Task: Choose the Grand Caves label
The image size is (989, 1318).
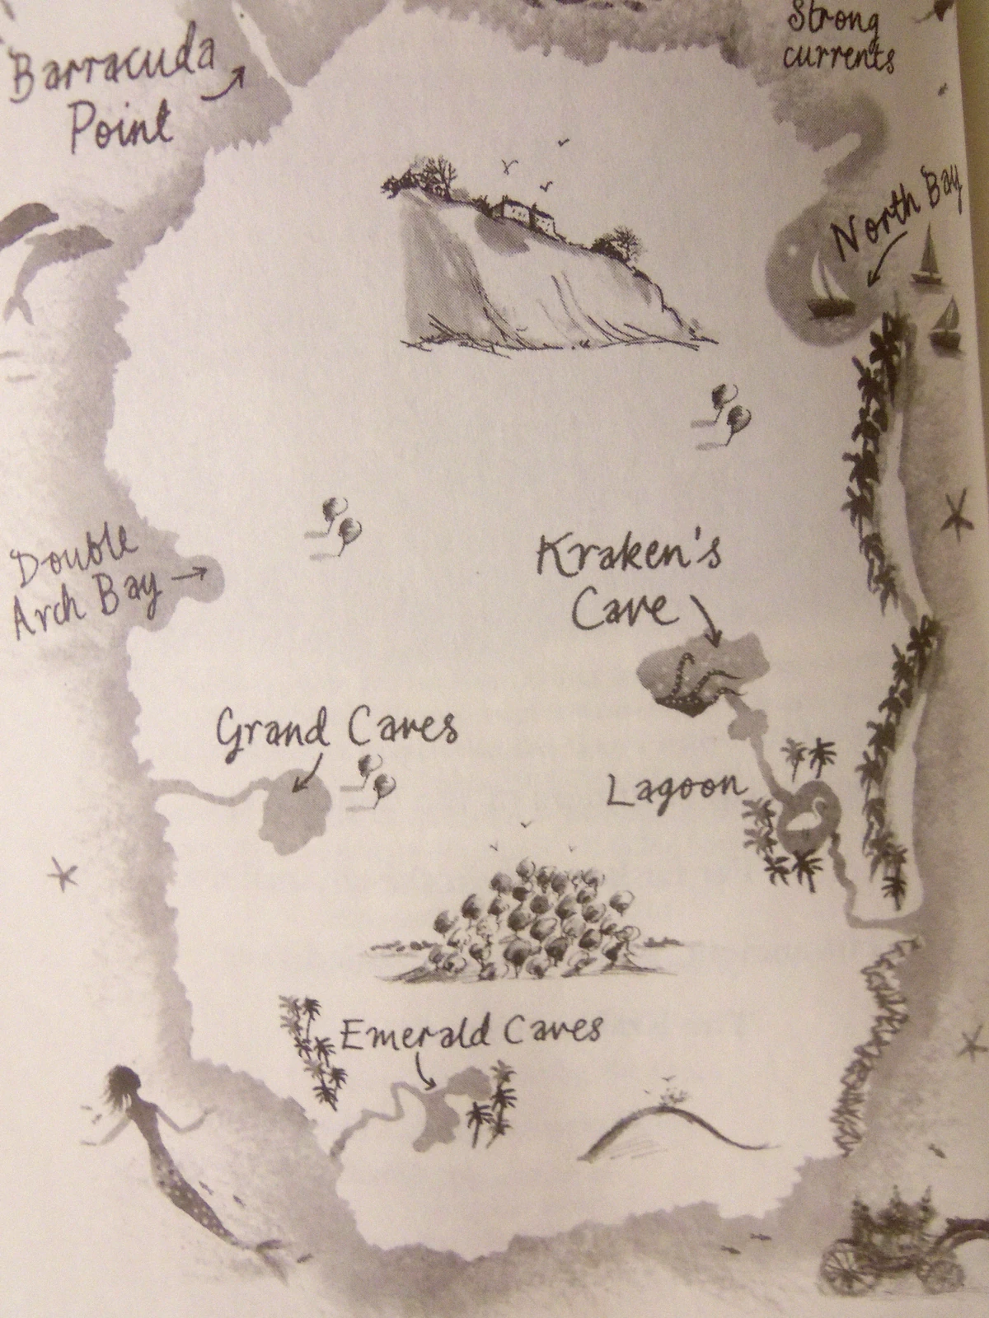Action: (x=334, y=729)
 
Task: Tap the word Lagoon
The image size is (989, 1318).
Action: (x=674, y=789)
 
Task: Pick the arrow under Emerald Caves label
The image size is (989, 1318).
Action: (x=424, y=1071)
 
